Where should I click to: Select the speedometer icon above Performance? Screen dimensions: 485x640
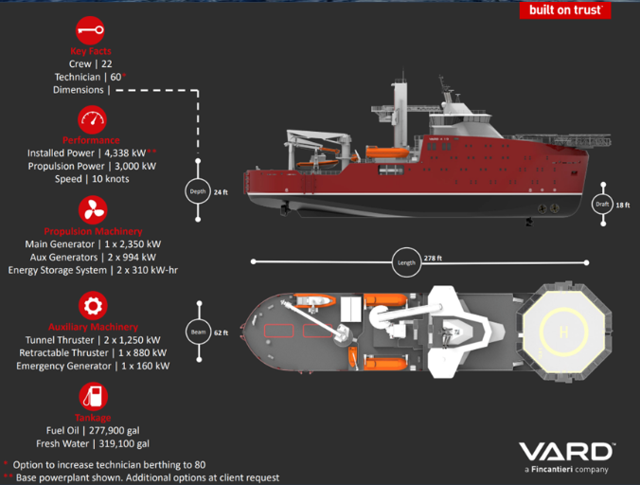point(92,120)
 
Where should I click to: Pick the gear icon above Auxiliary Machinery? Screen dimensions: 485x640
point(92,305)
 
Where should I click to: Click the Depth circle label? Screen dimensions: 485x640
point(197,190)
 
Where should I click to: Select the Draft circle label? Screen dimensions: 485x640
point(602,205)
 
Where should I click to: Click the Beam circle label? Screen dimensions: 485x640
point(197,332)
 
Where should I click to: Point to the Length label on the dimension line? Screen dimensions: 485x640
point(406,262)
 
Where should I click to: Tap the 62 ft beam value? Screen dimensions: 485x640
point(222,332)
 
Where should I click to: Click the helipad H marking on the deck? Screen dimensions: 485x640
point(565,332)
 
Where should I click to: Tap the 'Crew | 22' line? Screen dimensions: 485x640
point(91,63)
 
